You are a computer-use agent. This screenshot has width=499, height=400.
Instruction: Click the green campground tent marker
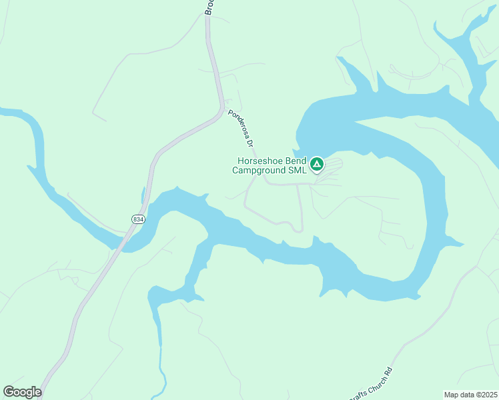click(317, 163)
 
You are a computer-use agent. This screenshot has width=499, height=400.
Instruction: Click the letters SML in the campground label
click(298, 170)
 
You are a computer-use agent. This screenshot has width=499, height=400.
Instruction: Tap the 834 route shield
click(138, 219)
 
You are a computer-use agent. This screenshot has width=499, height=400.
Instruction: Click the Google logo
click(22, 392)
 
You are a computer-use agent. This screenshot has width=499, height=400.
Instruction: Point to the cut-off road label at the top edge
click(208, 7)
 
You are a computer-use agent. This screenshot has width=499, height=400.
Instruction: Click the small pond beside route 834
click(143, 195)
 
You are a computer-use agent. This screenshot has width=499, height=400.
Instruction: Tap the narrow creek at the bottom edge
click(161, 373)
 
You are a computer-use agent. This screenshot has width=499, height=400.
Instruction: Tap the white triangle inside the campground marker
click(317, 163)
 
